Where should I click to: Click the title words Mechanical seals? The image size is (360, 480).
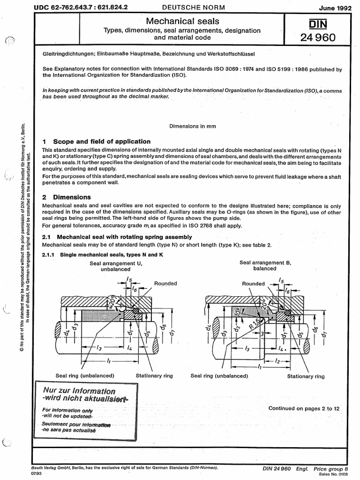[182, 21]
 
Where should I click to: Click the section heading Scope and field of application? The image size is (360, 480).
[102, 141]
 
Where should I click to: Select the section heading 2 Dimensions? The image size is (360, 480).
[67, 197]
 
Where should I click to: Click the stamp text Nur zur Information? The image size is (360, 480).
[79, 390]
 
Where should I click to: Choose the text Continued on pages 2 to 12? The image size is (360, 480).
[304, 408]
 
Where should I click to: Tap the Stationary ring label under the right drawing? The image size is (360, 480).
[306, 376]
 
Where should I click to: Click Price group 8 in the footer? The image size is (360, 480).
[331, 468]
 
